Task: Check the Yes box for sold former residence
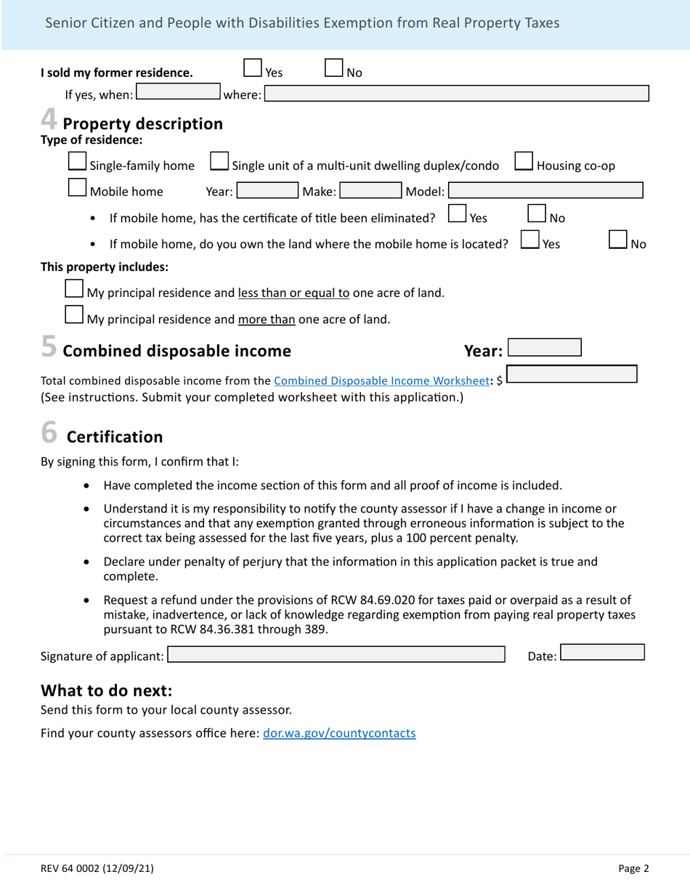253,68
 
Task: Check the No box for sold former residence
333,68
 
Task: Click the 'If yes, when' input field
179,92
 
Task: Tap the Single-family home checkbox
77,162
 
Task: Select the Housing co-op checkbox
524,162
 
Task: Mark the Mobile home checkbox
77,188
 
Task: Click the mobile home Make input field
370,191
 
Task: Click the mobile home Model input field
545,191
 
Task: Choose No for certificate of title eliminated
536,213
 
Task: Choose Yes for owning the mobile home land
530,240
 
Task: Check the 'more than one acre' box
73,315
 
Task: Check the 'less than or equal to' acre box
73,289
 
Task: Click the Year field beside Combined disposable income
544,348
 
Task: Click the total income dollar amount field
572,375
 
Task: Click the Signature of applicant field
336,655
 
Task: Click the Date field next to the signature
602,652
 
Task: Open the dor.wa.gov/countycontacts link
339,733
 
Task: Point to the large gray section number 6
49,432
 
